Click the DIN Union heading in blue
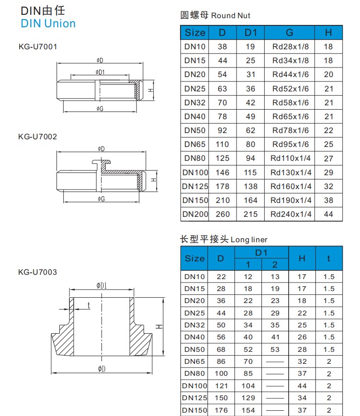pyautogui.click(x=48, y=23)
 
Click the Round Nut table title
pyautogui.click(x=215, y=15)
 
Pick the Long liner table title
pyautogui.click(x=224, y=239)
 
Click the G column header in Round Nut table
pyautogui.click(x=290, y=33)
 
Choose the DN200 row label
pyautogui.click(x=195, y=214)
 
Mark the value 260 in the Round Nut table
pyautogui.click(x=223, y=214)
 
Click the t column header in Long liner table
pyautogui.click(x=328, y=258)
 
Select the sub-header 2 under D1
pyautogui.click(x=275, y=265)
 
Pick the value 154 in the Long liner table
pyautogui.click(x=248, y=410)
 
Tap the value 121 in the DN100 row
pyautogui.click(x=221, y=386)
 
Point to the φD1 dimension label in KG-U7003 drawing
pyautogui.click(x=101, y=286)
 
